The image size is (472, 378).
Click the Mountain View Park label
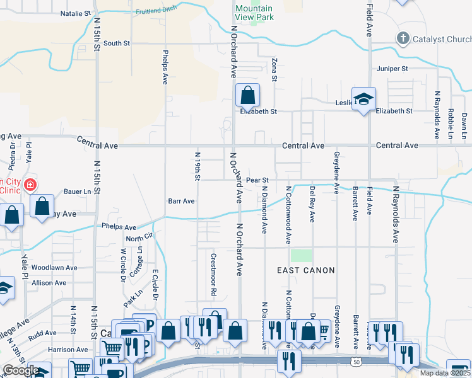[254, 13]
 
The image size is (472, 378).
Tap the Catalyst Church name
[441, 39]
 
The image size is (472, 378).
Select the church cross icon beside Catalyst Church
[402, 39]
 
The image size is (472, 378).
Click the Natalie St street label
[75, 13]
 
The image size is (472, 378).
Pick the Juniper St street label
[392, 68]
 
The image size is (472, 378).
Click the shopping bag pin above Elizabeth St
[247, 96]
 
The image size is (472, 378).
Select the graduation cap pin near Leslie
[363, 99]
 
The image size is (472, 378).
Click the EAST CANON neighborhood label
[306, 270]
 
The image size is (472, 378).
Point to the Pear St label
[257, 180]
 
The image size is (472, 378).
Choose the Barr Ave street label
[180, 201]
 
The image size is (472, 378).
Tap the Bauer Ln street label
[78, 191]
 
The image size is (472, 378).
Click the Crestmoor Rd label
[213, 275]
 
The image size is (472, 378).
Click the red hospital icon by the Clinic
[30, 185]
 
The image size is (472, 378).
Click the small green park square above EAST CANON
[302, 255]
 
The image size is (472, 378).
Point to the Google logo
[20, 370]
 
